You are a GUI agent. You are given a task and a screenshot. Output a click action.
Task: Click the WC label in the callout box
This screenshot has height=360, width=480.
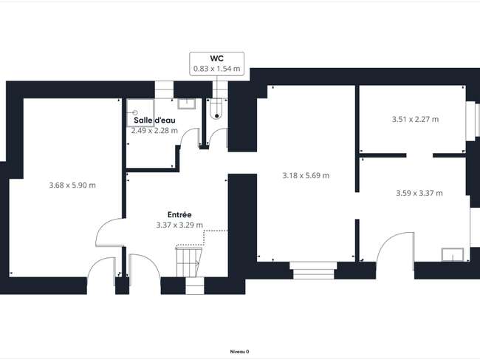pos(216,58)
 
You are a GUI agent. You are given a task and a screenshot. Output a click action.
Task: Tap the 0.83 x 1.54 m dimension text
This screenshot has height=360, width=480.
pos(216,69)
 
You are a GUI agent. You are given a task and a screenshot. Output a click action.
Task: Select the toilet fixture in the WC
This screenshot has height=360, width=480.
pos(216,109)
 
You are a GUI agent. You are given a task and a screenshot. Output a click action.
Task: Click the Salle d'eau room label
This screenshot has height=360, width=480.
pos(154,120)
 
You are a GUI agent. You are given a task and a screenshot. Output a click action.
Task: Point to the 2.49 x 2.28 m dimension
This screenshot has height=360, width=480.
pos(154,131)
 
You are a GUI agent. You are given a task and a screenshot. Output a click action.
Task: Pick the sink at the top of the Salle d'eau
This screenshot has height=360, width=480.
pos(187,103)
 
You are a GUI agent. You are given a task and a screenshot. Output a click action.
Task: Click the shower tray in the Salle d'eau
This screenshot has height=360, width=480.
pos(140,113)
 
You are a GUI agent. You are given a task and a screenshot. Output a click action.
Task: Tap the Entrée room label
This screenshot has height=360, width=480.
pos(179,214)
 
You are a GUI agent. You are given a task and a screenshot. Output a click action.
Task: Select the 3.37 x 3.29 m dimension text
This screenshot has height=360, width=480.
pos(179,225)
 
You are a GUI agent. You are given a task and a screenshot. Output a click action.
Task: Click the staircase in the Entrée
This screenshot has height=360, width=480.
pos(189,261)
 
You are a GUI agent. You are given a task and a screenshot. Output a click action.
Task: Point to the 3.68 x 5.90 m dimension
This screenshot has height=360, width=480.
pos(72,185)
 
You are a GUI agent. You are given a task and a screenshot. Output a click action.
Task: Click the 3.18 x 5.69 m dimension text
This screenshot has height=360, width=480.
pos(306,175)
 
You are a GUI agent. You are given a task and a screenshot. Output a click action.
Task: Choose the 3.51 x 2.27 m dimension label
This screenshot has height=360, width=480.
pos(416,119)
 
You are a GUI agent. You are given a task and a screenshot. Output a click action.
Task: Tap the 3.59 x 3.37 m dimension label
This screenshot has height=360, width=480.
pos(419,193)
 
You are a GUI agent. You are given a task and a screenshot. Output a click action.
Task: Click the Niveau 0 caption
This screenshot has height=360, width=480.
pos(239,352)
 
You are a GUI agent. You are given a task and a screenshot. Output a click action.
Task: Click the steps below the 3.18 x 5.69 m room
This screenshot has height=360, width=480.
pos(313,271)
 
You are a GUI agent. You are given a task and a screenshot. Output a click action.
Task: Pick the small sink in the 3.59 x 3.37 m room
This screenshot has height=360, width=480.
pos(453,254)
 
